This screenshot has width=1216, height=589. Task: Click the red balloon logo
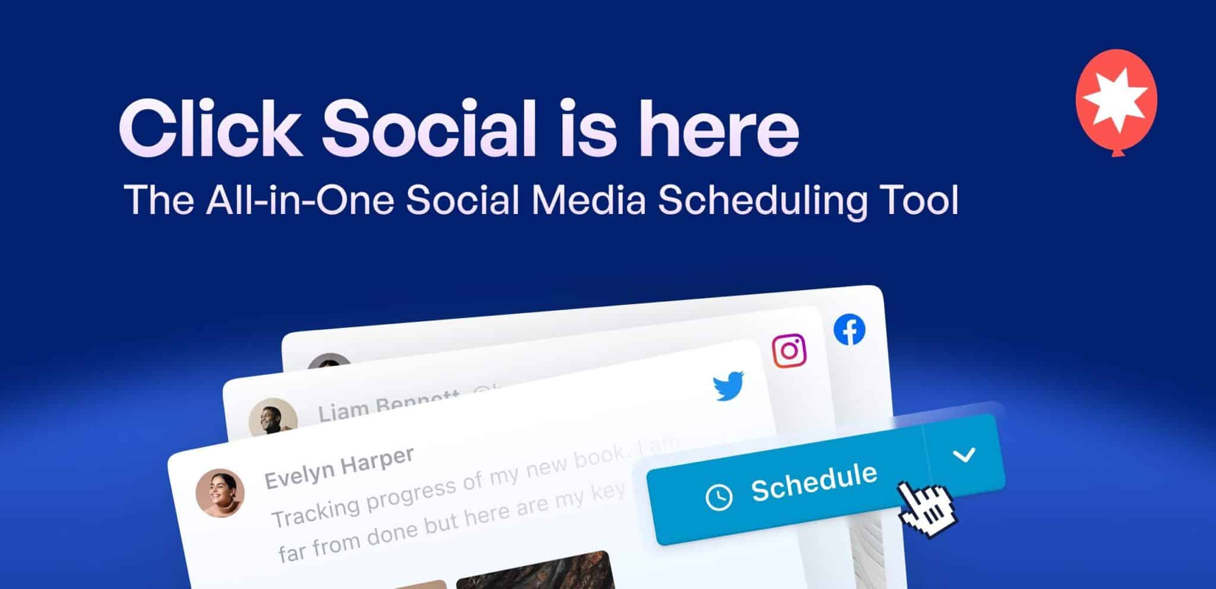tap(1116, 99)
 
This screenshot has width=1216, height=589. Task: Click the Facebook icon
tap(849, 330)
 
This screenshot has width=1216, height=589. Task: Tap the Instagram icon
tap(789, 351)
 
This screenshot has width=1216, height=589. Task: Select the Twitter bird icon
tap(729, 386)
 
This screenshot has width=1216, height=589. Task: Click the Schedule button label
tap(813, 482)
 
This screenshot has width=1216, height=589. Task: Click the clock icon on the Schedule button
tap(718, 497)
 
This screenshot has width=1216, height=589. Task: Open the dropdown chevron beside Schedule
tap(964, 456)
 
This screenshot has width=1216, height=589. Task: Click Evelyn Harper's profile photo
tap(220, 493)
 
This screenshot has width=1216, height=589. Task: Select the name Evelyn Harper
tap(338, 467)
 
